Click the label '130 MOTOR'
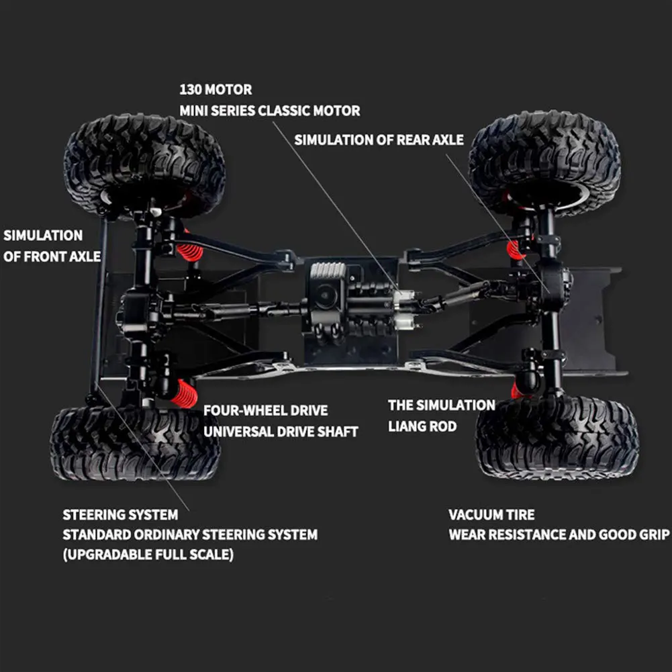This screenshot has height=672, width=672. [x=215, y=89]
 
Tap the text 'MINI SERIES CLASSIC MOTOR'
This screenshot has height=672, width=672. [x=269, y=111]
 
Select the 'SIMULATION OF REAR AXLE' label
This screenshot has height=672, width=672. [x=379, y=140]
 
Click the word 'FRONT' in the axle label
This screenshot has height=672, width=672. [x=44, y=256]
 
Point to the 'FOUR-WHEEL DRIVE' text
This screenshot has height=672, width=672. [x=266, y=410]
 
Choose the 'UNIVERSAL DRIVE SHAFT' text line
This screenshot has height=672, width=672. [x=281, y=431]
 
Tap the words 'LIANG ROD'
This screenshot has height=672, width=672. [x=422, y=426]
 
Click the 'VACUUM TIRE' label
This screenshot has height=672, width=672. [x=491, y=515]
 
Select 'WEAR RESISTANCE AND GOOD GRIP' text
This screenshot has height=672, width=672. [x=559, y=535]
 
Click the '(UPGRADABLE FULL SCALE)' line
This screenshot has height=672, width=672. [x=148, y=555]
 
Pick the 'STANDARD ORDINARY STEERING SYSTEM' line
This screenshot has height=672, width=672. [x=190, y=535]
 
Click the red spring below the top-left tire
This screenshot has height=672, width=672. [x=190, y=251]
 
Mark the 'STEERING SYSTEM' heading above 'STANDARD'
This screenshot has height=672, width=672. [x=120, y=515]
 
